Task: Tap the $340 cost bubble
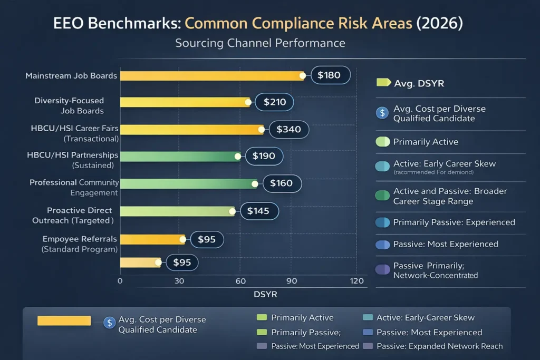(x=288, y=129)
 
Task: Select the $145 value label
(x=258, y=211)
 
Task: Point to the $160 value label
(x=281, y=183)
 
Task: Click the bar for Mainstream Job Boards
(x=211, y=76)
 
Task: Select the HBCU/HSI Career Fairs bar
(x=191, y=130)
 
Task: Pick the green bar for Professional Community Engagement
(x=187, y=184)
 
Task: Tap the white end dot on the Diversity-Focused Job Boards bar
(x=248, y=102)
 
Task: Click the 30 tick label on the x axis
(x=179, y=281)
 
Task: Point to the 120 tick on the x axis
(x=357, y=281)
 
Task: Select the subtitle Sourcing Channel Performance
(x=260, y=43)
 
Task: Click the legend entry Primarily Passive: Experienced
(x=454, y=222)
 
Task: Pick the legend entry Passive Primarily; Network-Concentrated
(x=435, y=270)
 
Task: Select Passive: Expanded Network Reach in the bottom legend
(x=439, y=346)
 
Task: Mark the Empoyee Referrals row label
(x=80, y=244)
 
